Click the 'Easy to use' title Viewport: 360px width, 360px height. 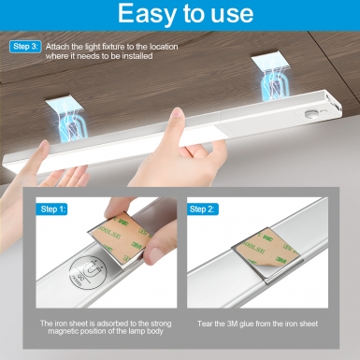click(x=185, y=13)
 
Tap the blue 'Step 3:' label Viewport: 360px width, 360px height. click(x=25, y=47)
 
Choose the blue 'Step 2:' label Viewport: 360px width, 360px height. click(x=203, y=209)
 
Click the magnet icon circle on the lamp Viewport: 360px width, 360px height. click(x=86, y=273)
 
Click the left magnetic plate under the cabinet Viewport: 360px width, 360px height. click(x=65, y=106)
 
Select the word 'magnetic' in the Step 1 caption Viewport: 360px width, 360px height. click(x=64, y=331)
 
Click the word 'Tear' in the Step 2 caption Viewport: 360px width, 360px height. click(x=205, y=324)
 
